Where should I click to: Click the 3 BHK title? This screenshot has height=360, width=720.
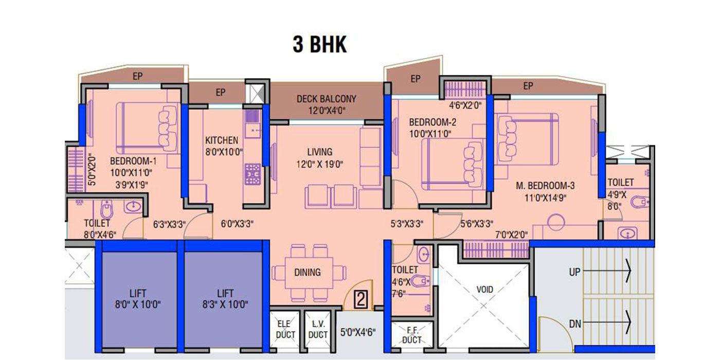click(320, 44)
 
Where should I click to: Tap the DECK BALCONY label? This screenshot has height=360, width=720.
click(326, 99)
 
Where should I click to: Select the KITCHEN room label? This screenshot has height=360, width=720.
click(222, 140)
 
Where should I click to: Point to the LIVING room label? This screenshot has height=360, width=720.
click(319, 152)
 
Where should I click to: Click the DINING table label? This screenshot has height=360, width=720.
click(308, 273)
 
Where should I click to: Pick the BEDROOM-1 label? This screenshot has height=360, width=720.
click(133, 161)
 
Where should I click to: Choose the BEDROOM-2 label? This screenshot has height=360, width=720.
click(433, 122)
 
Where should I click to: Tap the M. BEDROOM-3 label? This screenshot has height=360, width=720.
click(545, 186)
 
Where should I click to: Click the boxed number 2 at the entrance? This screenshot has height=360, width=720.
click(361, 299)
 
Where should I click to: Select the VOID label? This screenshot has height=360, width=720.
click(484, 290)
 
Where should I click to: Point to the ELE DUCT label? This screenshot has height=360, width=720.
click(285, 330)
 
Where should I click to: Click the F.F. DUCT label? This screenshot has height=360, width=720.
click(412, 335)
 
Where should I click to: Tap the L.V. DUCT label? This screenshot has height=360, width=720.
click(318, 330)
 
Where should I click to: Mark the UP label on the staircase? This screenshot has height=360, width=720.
click(575, 272)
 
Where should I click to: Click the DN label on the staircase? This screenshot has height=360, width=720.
click(575, 324)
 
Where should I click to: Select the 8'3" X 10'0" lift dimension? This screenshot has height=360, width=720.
click(225, 304)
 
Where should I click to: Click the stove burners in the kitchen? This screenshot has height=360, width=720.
click(253, 174)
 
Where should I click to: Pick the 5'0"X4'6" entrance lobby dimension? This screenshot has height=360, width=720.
click(358, 332)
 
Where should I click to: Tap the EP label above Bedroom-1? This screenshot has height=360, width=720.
click(138, 76)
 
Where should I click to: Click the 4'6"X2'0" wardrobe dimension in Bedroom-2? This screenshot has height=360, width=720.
click(465, 105)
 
